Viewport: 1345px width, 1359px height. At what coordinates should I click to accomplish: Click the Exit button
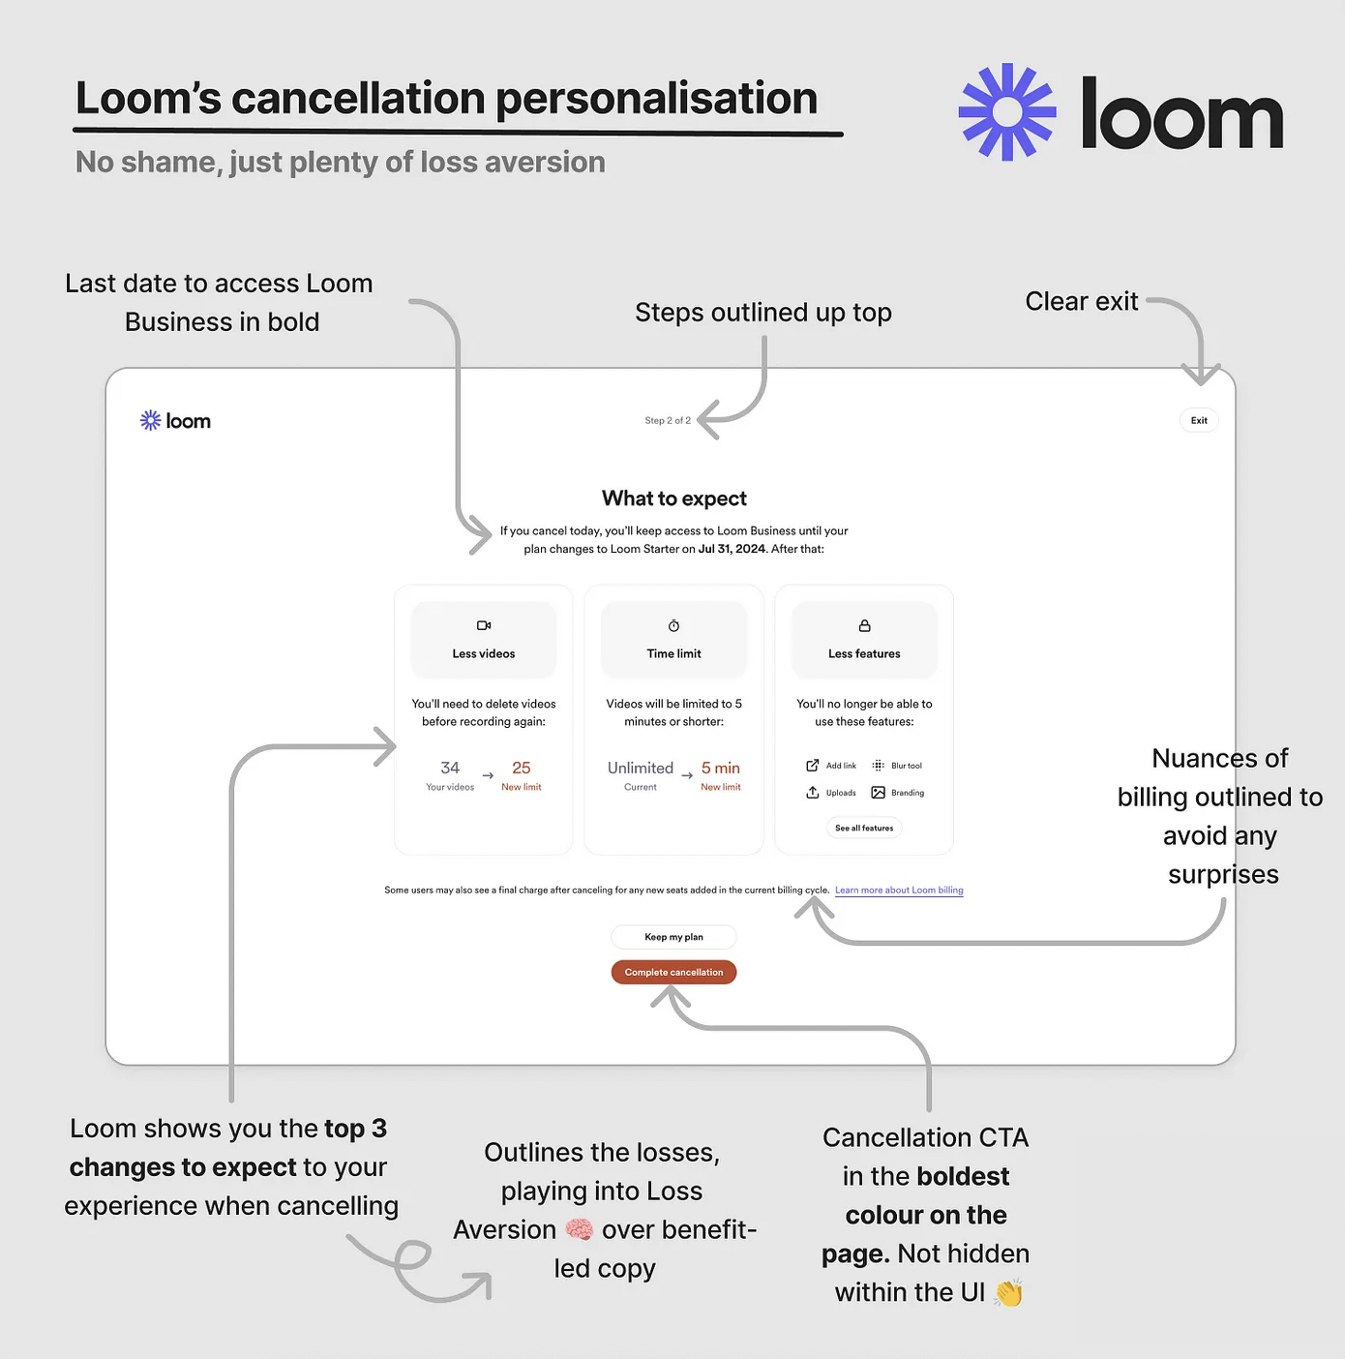(x=1199, y=420)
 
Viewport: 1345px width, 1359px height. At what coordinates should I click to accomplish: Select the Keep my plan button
(x=673, y=937)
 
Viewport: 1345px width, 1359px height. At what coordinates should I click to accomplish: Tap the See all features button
(x=864, y=828)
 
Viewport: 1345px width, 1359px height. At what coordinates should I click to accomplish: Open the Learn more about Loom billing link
(x=899, y=891)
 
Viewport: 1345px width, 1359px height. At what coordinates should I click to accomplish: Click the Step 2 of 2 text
(x=668, y=420)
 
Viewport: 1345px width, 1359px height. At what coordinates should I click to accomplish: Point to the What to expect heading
(x=674, y=498)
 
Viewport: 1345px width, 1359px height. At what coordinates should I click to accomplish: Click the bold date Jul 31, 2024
(x=732, y=549)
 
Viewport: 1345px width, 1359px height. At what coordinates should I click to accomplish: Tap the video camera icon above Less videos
(x=484, y=625)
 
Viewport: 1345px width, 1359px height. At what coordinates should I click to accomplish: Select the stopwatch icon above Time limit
(x=674, y=625)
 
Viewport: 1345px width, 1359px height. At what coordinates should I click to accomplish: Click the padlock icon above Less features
(x=865, y=625)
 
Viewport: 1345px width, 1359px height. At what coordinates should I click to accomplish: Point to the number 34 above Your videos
(x=450, y=768)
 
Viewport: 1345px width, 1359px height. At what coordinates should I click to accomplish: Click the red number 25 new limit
(x=522, y=768)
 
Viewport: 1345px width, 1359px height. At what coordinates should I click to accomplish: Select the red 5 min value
(x=721, y=768)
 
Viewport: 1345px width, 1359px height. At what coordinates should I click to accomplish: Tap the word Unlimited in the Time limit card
(x=641, y=768)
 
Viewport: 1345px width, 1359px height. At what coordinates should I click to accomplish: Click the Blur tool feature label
(x=907, y=766)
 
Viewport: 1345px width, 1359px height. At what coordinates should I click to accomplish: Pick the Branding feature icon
(x=879, y=793)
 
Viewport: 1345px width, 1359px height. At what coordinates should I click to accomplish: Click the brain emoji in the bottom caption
(x=580, y=1229)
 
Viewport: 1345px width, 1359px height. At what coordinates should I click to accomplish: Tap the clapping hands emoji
(x=1008, y=1292)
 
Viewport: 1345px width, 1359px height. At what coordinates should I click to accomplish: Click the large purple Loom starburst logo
(x=1007, y=112)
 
